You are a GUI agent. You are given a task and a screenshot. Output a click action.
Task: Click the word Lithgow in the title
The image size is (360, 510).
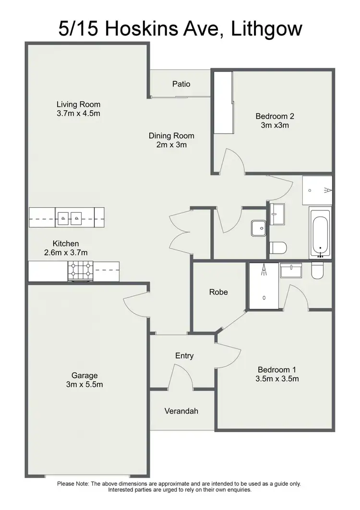click(x=267, y=28)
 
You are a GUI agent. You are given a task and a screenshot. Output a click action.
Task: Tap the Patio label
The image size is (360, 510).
click(x=181, y=84)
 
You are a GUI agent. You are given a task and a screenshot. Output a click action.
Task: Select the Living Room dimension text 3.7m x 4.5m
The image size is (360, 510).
click(x=78, y=114)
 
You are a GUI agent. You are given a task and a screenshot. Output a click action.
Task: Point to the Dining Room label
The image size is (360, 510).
click(x=171, y=136)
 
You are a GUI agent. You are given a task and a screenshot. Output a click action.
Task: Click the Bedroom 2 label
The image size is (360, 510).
click(x=275, y=116)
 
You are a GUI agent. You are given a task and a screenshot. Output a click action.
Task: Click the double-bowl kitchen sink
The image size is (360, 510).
click(x=70, y=217)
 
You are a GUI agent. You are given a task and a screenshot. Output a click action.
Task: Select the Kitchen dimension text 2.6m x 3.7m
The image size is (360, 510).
click(x=66, y=253)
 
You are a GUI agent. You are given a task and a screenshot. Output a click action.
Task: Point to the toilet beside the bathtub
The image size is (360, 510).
click(x=278, y=248)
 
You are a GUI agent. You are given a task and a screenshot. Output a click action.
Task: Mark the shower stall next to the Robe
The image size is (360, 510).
click(x=264, y=286)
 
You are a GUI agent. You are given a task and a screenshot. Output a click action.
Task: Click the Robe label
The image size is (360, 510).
click(x=218, y=292)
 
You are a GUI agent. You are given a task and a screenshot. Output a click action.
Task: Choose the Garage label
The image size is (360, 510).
click(x=84, y=376)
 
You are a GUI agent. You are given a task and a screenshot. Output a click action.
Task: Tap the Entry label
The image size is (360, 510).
click(x=184, y=356)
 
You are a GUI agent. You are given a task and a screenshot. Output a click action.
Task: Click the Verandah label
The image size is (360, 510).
click(x=181, y=411)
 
